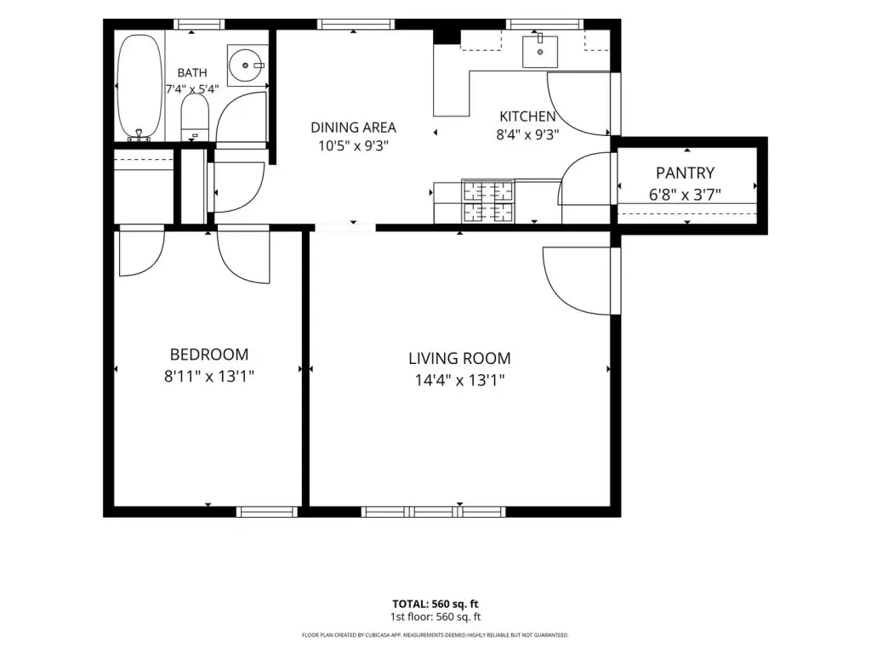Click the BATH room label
click(192, 73)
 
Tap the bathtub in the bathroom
click(140, 87)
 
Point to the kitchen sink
click(539, 52)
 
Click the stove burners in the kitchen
click(487, 202)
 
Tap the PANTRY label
click(685, 173)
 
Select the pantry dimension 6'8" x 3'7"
click(685, 195)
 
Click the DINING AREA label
click(353, 128)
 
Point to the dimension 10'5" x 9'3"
click(353, 146)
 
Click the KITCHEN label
click(527, 116)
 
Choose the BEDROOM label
click(209, 355)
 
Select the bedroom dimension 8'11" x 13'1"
click(209, 377)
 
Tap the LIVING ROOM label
click(459, 359)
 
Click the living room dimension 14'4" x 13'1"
click(459, 380)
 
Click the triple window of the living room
click(433, 512)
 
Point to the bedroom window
click(267, 512)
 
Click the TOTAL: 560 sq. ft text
click(435, 605)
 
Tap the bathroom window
click(199, 24)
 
